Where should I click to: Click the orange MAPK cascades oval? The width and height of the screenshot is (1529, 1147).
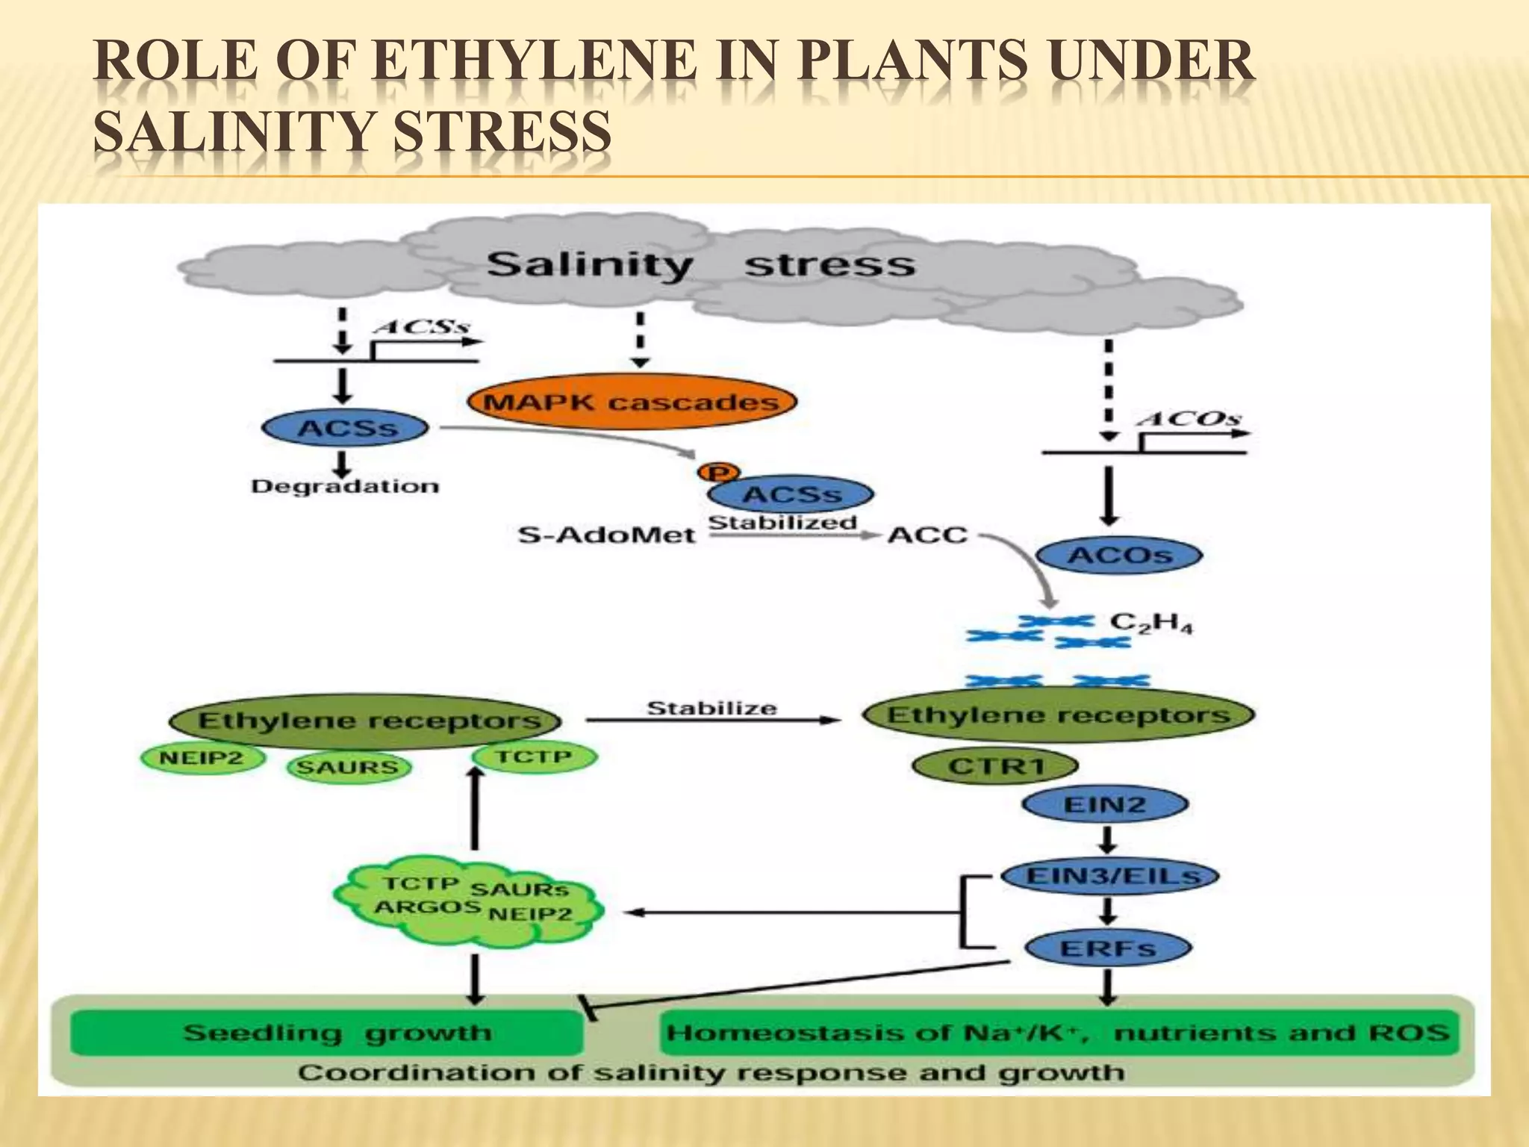(632, 402)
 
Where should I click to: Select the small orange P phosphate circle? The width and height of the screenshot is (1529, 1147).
(718, 473)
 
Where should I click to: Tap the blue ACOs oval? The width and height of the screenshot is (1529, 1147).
(1119, 556)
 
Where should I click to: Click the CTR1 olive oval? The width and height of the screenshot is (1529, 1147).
(995, 766)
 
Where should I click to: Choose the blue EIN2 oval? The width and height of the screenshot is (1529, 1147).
(1104, 805)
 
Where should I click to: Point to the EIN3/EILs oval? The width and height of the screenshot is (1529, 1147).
(1110, 876)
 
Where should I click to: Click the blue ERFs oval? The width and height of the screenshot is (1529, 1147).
(1107, 949)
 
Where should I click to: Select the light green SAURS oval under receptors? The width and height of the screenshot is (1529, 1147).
(348, 768)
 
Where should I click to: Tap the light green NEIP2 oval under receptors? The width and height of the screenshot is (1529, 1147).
(202, 759)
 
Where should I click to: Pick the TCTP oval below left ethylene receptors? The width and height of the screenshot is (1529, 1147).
(534, 757)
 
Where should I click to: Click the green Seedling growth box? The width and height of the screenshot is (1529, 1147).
(327, 1033)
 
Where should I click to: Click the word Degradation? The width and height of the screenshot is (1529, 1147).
(345, 487)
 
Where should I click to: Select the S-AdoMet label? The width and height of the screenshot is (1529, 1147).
(606, 535)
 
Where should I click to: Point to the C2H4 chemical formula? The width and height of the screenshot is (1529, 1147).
(1150, 623)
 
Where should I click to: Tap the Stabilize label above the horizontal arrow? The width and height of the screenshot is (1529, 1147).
(711, 708)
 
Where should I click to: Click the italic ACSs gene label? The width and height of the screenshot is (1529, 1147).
(423, 327)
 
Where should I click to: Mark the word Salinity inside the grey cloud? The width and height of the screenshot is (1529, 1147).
(590, 265)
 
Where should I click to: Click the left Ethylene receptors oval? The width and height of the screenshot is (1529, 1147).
(366, 721)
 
